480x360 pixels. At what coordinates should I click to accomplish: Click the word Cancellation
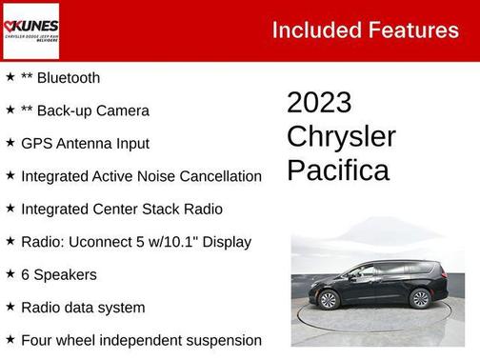pos(219,176)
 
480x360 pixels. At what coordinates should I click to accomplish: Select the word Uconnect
pos(100,242)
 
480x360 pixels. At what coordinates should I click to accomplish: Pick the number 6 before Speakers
pos(26,274)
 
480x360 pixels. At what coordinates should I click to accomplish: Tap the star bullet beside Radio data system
pos(10,307)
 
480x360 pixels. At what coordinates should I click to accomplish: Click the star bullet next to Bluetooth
pos(10,77)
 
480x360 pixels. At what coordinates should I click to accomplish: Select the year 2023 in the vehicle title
pos(319,103)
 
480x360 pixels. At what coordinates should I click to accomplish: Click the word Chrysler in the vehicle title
pos(341,136)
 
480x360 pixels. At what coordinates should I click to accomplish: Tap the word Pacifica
pos(337,170)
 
